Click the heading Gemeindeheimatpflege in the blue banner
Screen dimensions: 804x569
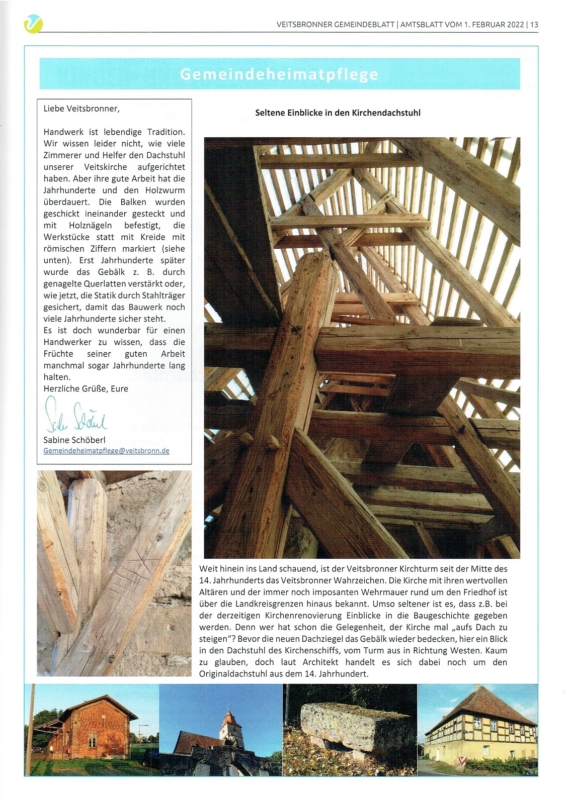[x=279, y=74]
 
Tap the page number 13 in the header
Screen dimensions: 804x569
[x=534, y=24]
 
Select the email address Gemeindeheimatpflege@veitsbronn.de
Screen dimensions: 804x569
[x=106, y=451]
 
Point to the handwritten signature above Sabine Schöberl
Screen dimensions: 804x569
[x=75, y=416]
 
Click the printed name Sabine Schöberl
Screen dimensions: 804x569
[x=74, y=440]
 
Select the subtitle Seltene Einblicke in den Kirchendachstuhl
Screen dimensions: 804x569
[x=338, y=113]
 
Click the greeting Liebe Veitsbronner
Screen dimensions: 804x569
[x=82, y=108]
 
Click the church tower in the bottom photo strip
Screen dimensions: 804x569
[x=229, y=724]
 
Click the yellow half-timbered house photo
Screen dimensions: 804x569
[x=478, y=729]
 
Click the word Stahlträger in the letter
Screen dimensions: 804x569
[x=164, y=295]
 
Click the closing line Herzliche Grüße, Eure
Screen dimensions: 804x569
[x=86, y=388]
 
